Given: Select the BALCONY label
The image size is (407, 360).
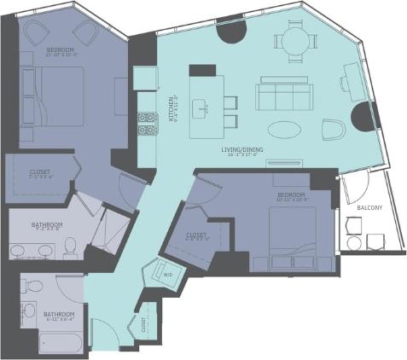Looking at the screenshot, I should coord(369,207).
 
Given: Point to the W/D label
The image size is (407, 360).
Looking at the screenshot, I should coord(168,274).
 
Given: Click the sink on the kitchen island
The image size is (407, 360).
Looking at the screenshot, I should coord(205,107).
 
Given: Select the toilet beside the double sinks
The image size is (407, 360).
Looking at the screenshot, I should coord(72,247).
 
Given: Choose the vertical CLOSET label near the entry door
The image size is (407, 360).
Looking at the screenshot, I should coord(142,325).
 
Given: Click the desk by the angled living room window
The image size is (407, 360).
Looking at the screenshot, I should coord(351,81).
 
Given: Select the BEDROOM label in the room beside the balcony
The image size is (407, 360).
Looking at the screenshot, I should coord(291,195).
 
